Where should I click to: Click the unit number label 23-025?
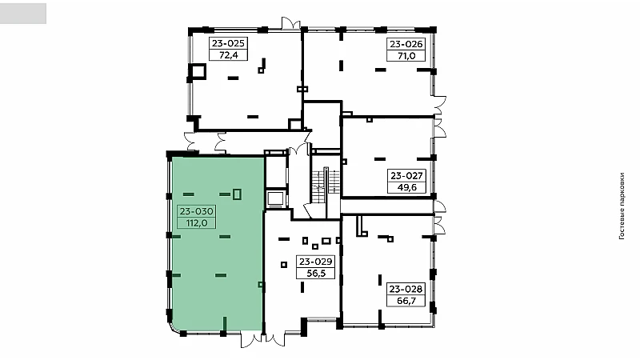point(228,43)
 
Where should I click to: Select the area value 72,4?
point(228,55)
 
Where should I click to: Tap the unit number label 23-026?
point(406,44)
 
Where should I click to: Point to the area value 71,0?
point(406,56)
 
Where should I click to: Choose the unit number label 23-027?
point(407,176)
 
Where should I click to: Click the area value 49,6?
point(407,188)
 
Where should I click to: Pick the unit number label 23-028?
point(406,290)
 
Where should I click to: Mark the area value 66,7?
point(406,302)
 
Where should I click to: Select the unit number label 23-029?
point(315,262)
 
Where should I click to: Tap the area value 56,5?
point(315,274)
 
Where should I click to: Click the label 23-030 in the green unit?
point(196,211)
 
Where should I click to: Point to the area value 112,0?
point(196,223)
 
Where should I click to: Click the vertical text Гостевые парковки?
point(622,206)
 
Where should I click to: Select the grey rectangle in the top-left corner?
point(23,14)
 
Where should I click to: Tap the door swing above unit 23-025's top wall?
point(290,23)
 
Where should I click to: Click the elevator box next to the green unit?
point(276,199)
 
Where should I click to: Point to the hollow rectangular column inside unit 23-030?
point(237,194)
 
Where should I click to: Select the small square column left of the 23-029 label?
point(284,265)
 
